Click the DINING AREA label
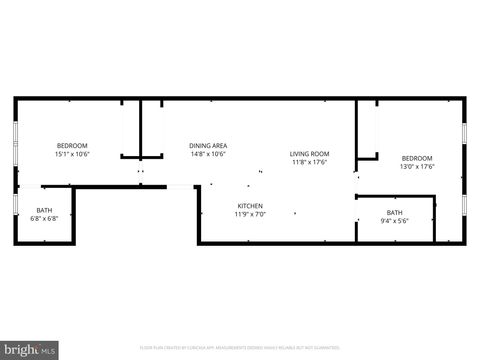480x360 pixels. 207,146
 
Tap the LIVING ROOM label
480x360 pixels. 310,153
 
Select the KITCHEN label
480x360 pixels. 249,206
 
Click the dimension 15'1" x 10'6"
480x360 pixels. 72,154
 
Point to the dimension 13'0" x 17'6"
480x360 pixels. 417,166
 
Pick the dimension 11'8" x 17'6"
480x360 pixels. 310,162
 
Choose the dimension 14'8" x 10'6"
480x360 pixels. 207,154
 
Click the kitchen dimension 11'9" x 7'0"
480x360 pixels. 249,214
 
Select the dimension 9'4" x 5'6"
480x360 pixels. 395,219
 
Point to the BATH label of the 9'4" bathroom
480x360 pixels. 395,211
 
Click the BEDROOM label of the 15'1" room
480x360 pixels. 72,146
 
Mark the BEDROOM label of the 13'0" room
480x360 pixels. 417,158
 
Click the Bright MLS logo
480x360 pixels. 30,350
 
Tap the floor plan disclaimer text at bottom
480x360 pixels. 240,347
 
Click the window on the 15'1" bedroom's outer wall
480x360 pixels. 14,140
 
